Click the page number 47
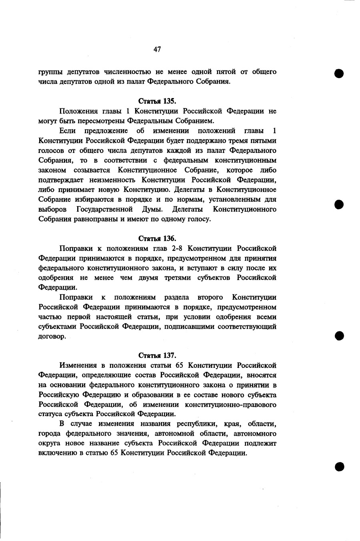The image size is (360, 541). point(157,49)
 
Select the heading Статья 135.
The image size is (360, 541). point(157,101)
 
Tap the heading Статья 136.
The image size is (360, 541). point(157,238)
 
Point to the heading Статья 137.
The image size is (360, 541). point(157,355)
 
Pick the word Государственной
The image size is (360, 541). point(105,209)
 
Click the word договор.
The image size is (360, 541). point(52,337)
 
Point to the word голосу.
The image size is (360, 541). point(199,219)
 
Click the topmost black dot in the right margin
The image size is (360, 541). point(339,74)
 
